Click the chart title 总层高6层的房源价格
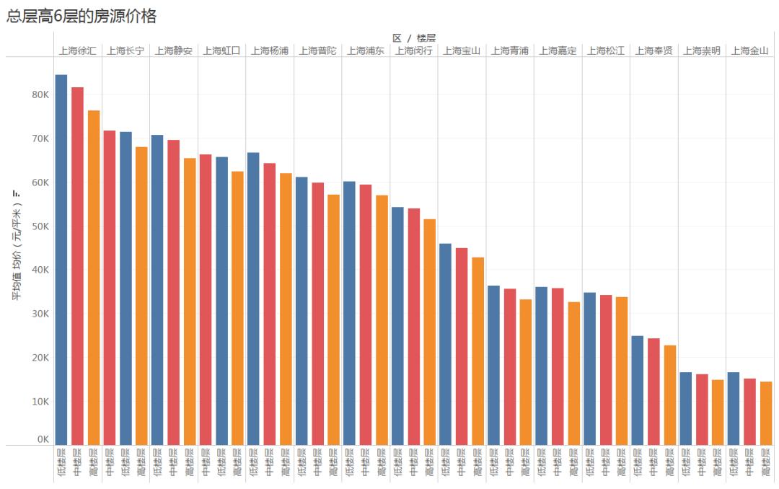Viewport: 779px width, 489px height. (x=82, y=16)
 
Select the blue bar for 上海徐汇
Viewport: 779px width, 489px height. (x=61, y=260)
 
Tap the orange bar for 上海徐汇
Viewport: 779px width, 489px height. (x=94, y=278)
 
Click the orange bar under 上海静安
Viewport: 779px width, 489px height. (x=190, y=301)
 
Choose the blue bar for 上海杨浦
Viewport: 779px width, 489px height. (x=253, y=299)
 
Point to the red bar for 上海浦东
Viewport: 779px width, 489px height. (x=366, y=314)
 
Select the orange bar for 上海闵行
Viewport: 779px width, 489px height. (x=430, y=332)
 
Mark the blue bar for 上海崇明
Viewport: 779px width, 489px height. (x=686, y=408)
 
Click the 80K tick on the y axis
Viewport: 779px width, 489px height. (x=40, y=94)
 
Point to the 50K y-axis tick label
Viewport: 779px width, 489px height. (x=40, y=226)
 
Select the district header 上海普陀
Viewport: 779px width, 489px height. (x=317, y=50)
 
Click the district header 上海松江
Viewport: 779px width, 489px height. (x=606, y=50)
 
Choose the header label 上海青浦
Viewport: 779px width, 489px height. (x=510, y=50)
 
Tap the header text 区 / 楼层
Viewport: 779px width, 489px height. (x=414, y=38)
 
